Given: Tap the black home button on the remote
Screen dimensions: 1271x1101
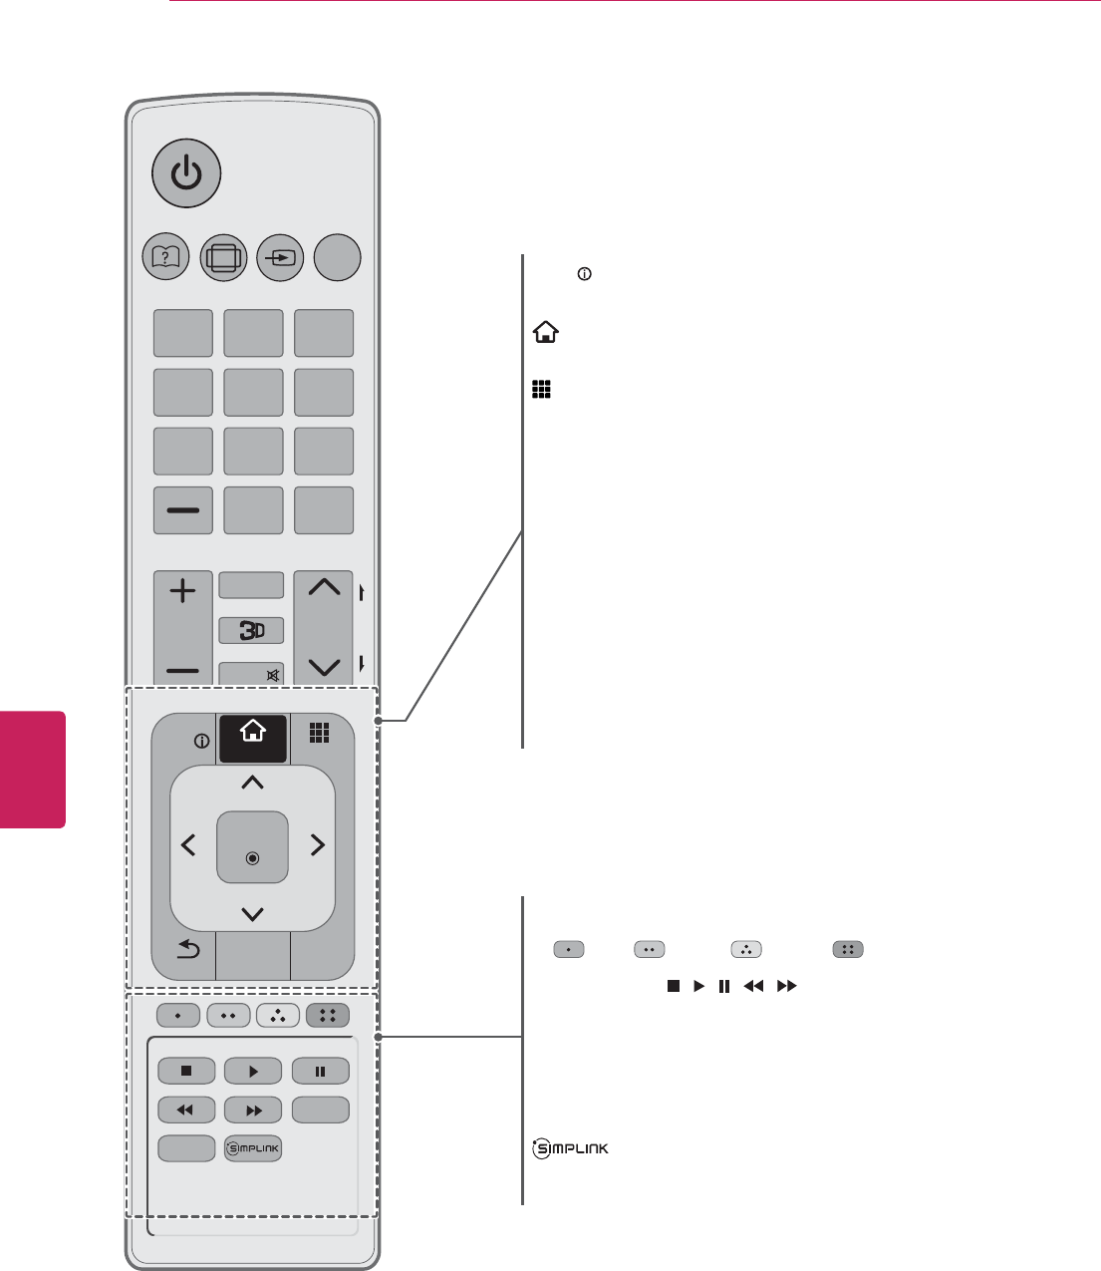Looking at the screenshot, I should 253,739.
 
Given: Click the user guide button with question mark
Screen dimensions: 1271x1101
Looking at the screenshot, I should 166,257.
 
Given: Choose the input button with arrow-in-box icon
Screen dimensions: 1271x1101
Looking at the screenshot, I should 280,257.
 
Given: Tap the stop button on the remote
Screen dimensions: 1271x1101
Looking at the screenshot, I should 186,1071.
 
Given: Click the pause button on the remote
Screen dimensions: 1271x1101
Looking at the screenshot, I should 320,1071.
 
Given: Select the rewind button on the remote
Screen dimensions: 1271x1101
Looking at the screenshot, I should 186,1109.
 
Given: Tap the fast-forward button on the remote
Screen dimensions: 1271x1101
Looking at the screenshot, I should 253,1109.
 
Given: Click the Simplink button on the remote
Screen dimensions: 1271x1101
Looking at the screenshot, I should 253,1148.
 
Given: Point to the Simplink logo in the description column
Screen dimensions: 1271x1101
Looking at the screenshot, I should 571,1149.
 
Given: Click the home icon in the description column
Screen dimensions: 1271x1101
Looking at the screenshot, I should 545,333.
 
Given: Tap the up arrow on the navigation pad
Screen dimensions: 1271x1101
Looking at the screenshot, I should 253,784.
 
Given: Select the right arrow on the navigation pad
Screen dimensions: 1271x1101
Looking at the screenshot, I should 318,845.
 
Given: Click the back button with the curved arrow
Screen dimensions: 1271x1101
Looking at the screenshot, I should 187,950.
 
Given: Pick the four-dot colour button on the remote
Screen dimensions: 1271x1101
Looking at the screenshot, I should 328,1016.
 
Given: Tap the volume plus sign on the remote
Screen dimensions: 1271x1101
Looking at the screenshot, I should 183,592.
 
